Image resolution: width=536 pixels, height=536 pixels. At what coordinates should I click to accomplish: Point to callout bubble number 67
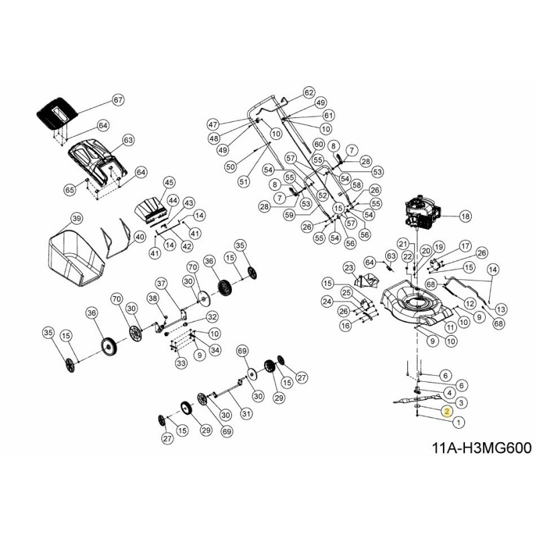click(118, 100)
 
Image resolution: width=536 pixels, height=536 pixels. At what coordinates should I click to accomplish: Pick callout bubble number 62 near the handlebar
click(308, 92)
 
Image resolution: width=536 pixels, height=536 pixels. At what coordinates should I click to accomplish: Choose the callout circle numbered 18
click(465, 216)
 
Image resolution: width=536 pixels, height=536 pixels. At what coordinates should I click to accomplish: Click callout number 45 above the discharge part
click(169, 182)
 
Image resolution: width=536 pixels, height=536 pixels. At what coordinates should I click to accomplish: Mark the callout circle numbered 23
click(348, 268)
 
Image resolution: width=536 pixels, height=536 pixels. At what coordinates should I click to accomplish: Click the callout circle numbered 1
click(458, 423)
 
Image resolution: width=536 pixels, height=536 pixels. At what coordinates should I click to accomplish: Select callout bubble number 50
click(230, 166)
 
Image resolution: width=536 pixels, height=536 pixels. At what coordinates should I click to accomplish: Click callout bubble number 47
click(213, 125)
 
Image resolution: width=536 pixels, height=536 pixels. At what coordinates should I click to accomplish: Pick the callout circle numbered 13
click(502, 309)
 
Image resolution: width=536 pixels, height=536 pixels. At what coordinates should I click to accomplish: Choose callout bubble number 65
click(70, 190)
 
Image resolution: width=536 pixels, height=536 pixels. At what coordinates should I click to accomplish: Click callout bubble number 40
click(139, 237)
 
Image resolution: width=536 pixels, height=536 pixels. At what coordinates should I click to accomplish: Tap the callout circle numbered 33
click(181, 363)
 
